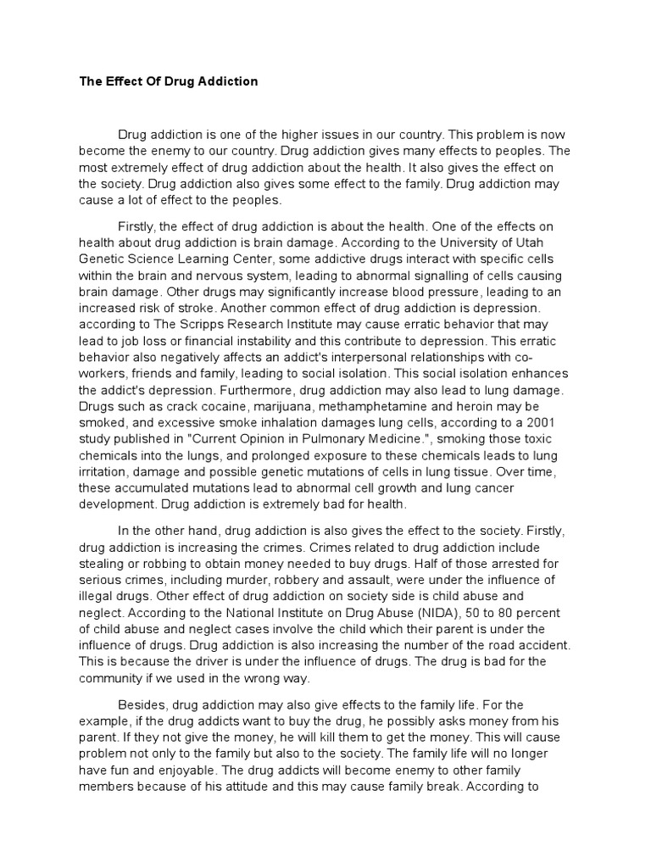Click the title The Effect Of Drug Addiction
point(169,82)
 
